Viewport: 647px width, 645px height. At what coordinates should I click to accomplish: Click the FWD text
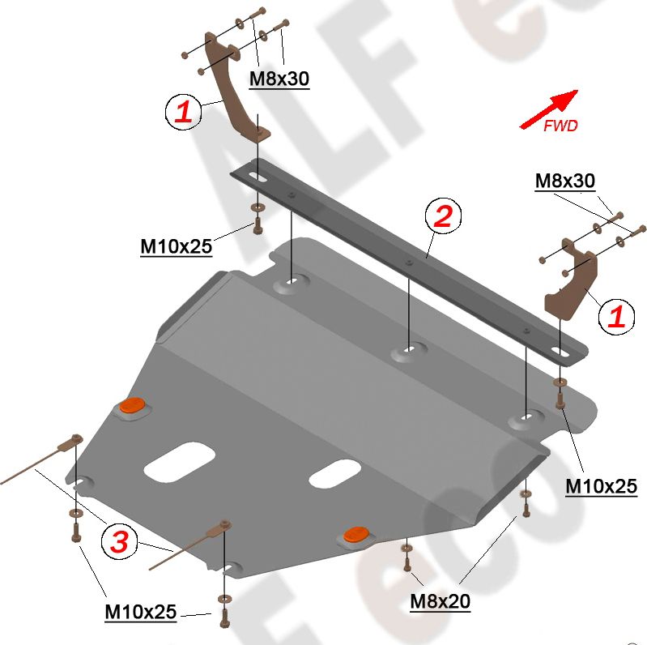tap(560, 126)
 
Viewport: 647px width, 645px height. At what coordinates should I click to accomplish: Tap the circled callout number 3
tap(118, 542)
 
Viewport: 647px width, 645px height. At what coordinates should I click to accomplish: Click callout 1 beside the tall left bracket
tap(183, 112)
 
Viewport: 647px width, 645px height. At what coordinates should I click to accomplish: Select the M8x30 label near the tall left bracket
tap(279, 78)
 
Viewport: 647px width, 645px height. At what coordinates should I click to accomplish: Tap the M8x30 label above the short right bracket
tap(564, 182)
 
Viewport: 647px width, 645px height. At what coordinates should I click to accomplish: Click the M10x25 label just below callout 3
tap(140, 613)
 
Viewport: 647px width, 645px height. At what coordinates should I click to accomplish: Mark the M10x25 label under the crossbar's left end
tap(176, 246)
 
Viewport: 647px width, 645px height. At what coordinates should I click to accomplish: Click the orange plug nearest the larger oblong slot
tap(131, 407)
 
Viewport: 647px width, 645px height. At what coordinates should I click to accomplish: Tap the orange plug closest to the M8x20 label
tap(355, 533)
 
